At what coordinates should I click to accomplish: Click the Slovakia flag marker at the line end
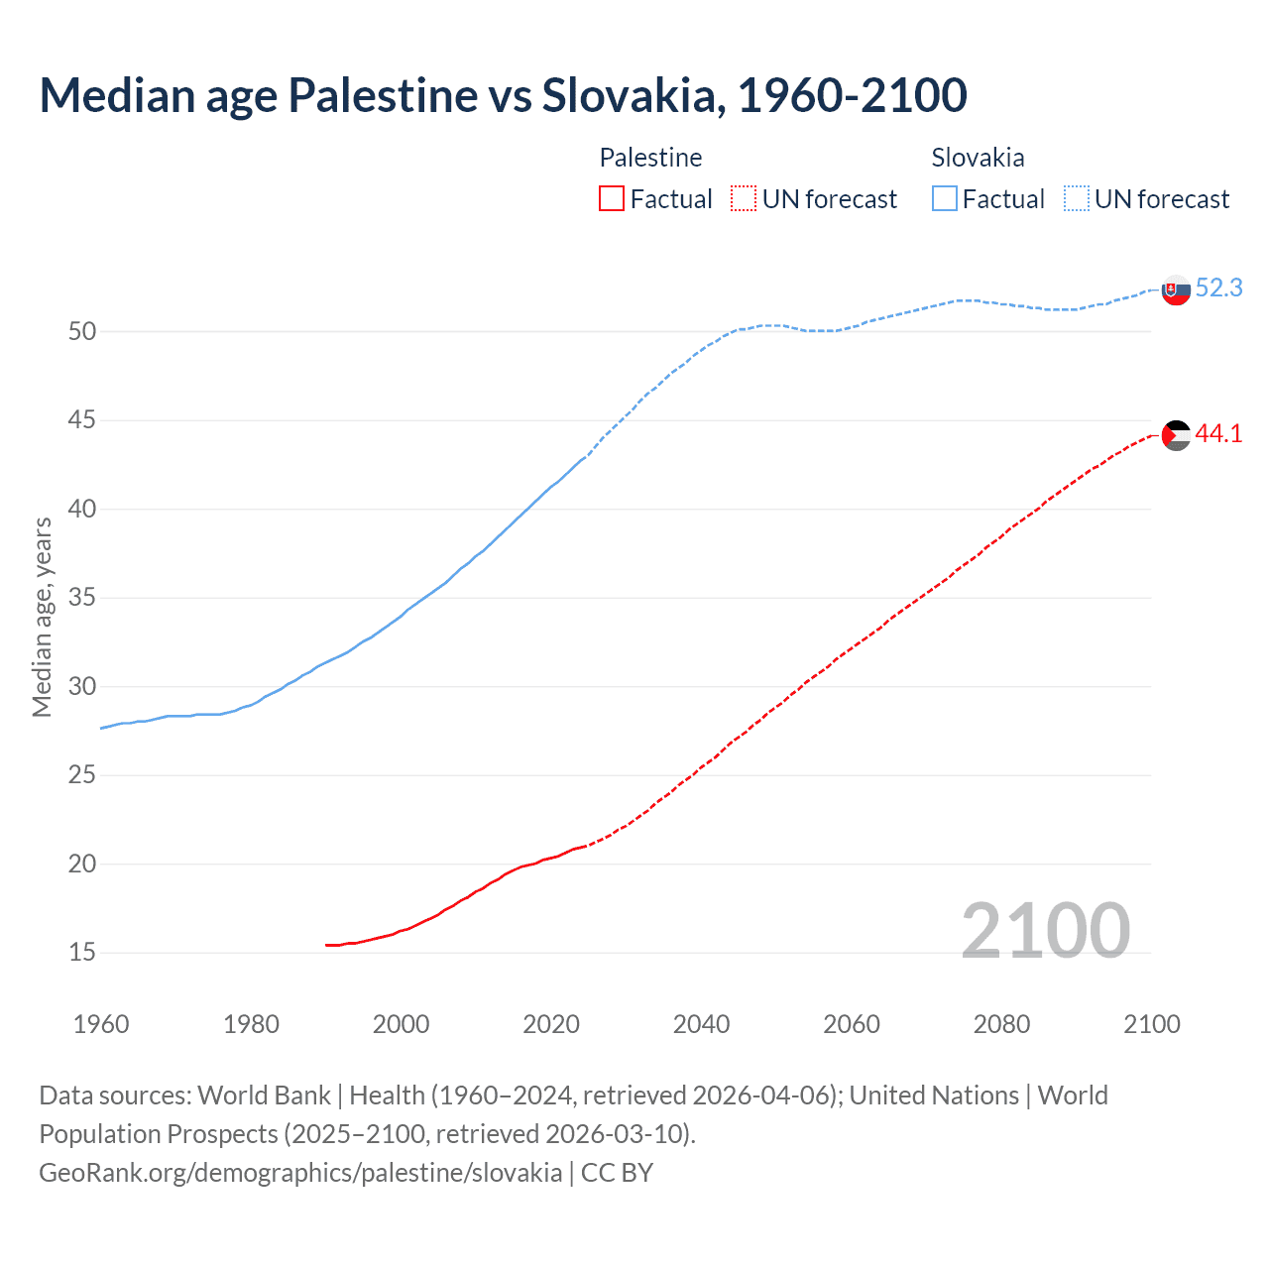pos(1176,290)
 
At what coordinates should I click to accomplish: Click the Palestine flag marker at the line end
pos(1176,435)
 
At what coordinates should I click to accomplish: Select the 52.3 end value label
pos(1218,288)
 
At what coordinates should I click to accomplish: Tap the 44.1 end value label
pos(1218,434)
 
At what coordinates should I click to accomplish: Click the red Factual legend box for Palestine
pos(612,199)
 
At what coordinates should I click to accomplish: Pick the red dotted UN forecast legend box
pos(744,199)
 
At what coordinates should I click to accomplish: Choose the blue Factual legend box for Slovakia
pos(945,199)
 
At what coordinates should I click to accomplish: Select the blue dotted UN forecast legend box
pos(1077,199)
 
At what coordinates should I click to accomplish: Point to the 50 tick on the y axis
pos(82,332)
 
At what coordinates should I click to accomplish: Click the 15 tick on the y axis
pos(82,953)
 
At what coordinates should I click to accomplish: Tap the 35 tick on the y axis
pos(82,598)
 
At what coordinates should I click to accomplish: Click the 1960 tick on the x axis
pos(101,1024)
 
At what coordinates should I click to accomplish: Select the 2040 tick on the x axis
pos(701,1024)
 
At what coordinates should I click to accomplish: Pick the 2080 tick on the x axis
pos(1001,1024)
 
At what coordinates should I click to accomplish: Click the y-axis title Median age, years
pos(42,617)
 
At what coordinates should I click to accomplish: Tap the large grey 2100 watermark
pos(1045,930)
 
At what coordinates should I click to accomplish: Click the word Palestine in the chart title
pos(383,96)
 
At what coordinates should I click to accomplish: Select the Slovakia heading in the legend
pos(978,158)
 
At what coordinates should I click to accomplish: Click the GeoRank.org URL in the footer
pos(300,1173)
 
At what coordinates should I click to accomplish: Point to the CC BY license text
pos(617,1173)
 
